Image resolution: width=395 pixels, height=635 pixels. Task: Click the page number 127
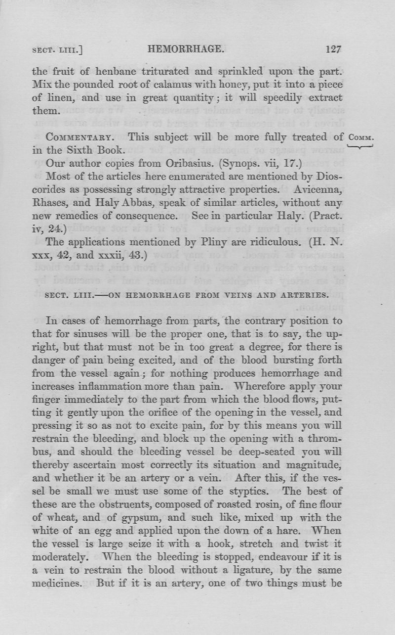point(334,49)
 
